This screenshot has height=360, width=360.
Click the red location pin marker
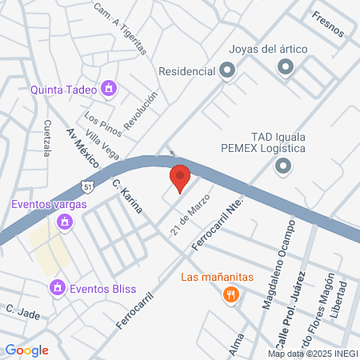pyautogui.click(x=180, y=178)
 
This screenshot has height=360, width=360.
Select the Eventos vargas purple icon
pyautogui.click(x=63, y=222)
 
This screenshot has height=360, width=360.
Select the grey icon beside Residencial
pyautogui.click(x=227, y=71)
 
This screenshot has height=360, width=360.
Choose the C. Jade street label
pyautogui.click(x=22, y=310)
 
